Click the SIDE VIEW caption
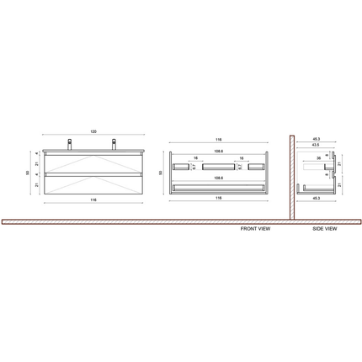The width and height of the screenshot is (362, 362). click(324, 228)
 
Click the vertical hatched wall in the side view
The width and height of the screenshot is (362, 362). click(290, 177)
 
